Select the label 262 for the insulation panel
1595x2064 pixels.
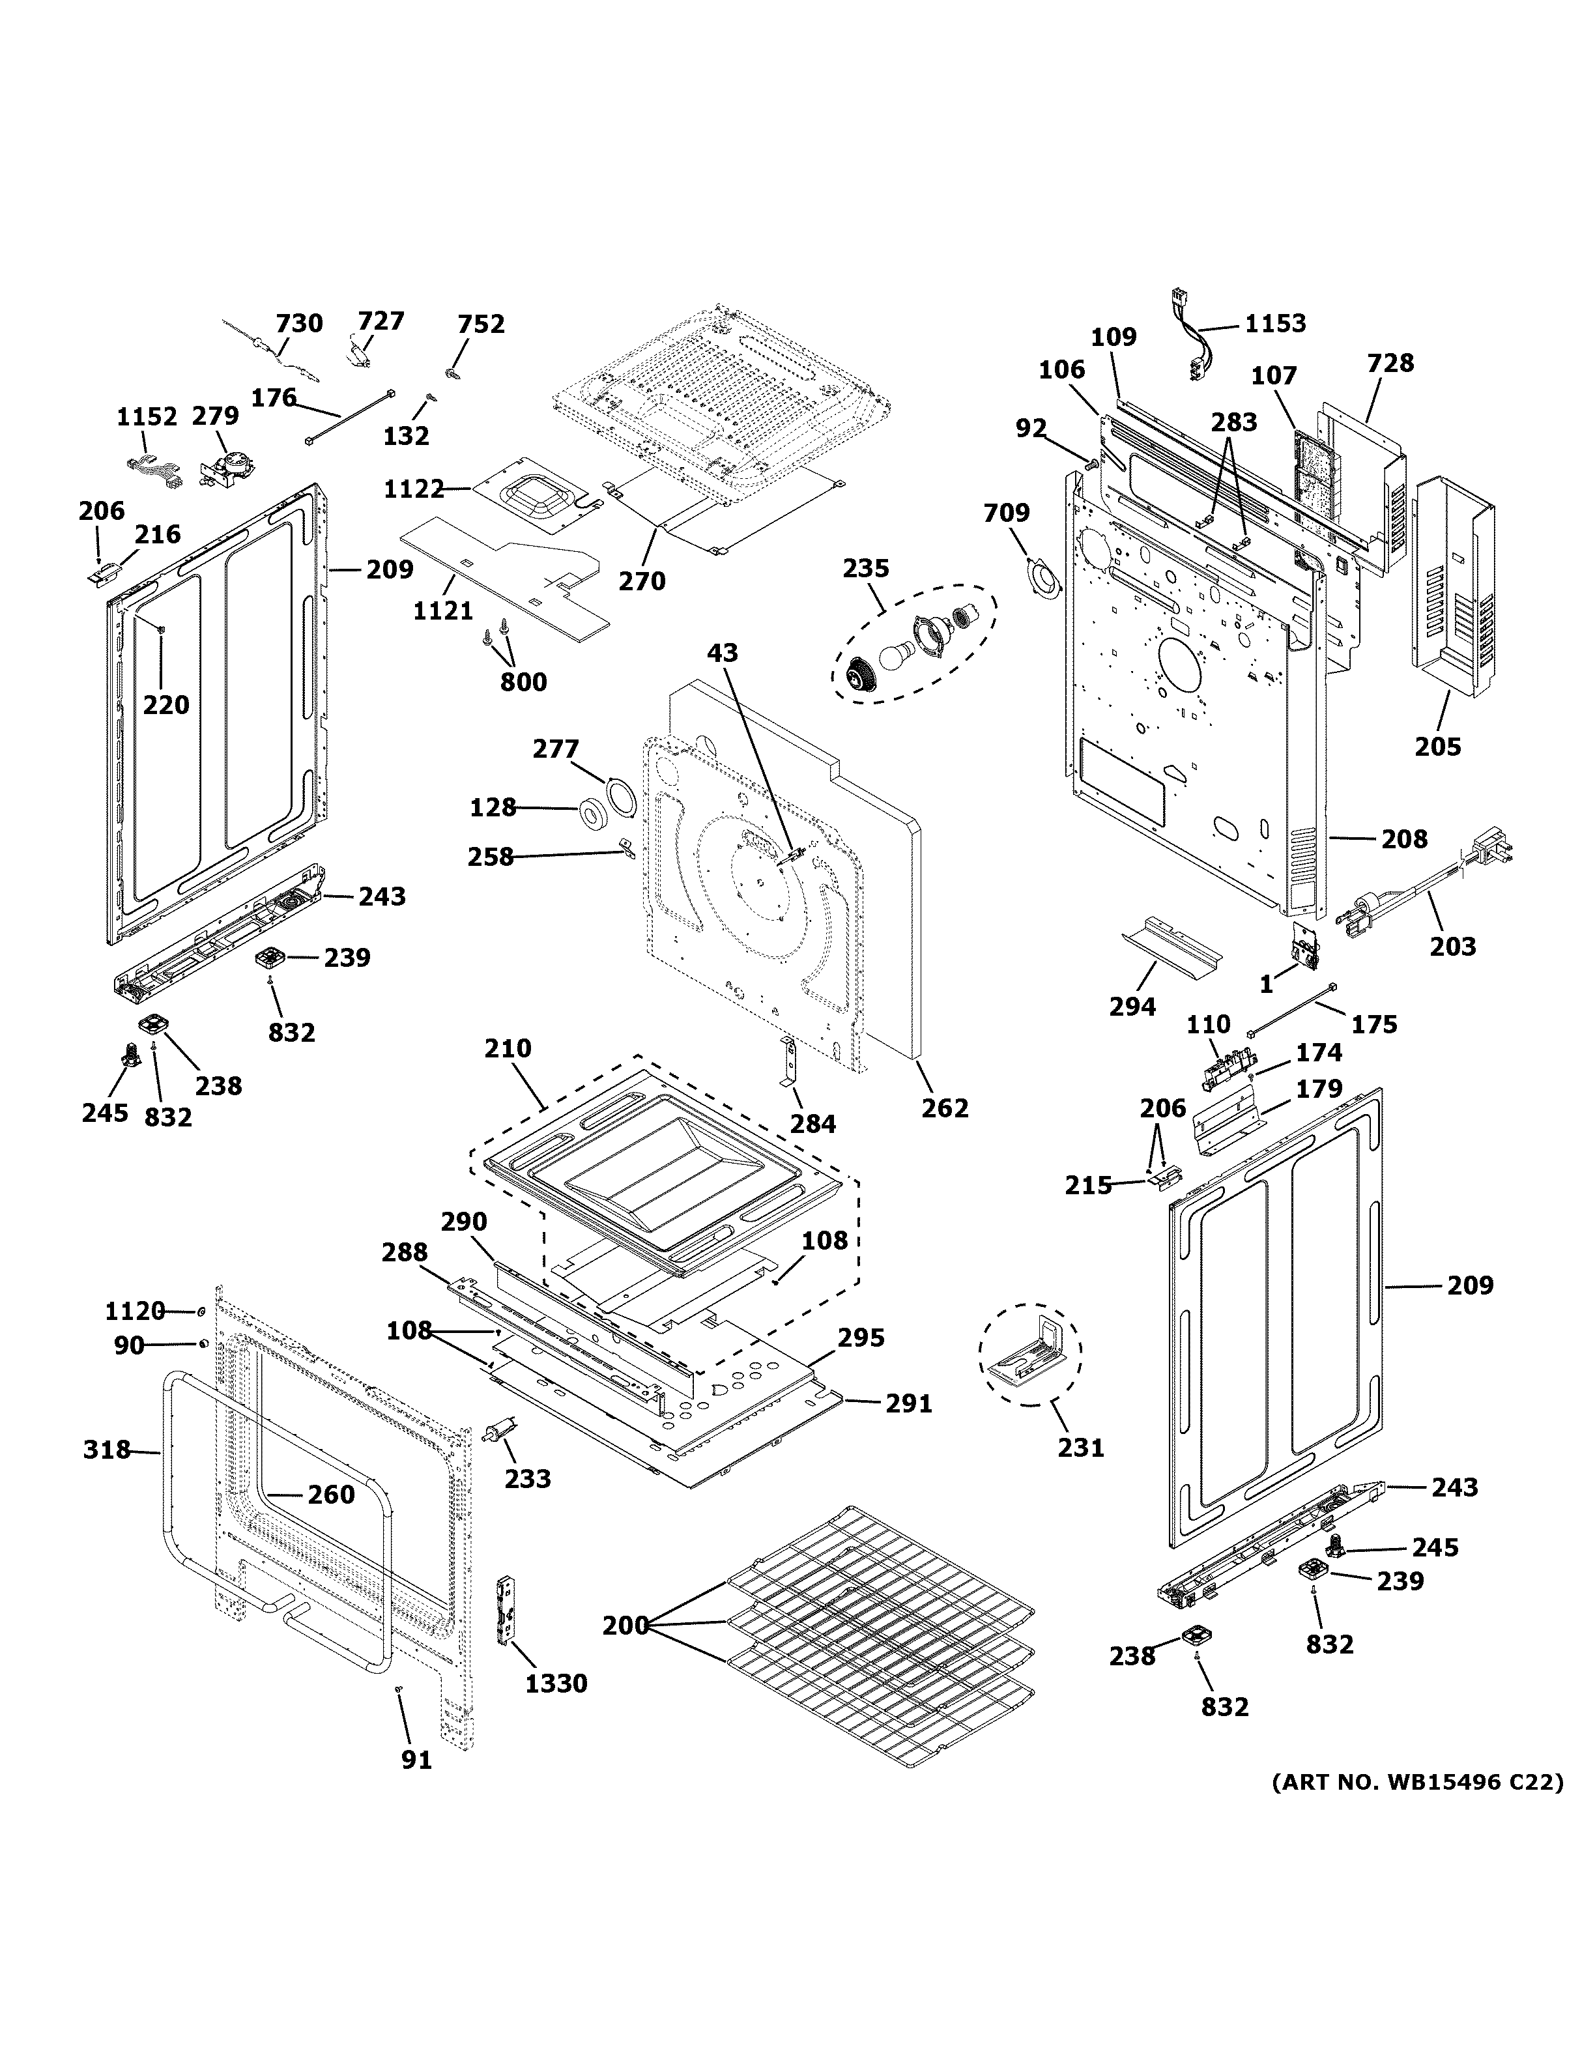point(945,1108)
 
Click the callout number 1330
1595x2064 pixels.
point(556,1683)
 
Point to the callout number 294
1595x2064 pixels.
point(1132,1007)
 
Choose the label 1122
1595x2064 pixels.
point(414,489)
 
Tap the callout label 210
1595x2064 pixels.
point(508,1048)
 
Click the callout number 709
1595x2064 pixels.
point(1007,513)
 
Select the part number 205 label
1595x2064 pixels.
point(1437,747)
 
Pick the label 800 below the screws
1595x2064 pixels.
point(523,681)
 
